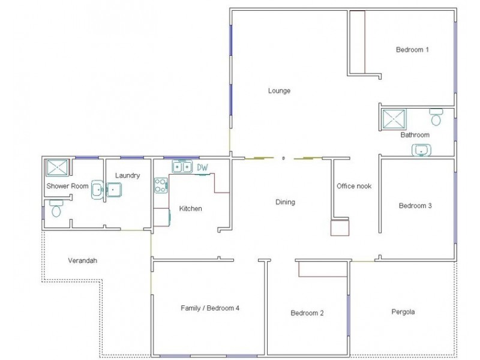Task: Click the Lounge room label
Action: pos(279,91)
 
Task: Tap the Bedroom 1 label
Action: pos(412,50)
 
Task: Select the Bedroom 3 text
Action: pos(415,206)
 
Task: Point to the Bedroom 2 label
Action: pos(307,313)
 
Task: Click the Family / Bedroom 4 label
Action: pos(210,308)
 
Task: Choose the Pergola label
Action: pos(403,312)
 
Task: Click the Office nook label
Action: pos(354,186)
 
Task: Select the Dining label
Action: pos(285,202)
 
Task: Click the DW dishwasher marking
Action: pos(202,167)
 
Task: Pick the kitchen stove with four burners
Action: pos(160,185)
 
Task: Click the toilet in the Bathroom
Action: pos(436,116)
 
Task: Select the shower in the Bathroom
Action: pos(394,119)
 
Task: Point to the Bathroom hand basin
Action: pos(422,149)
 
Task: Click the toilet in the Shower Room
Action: pos(56,209)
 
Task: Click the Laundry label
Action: pos(127,176)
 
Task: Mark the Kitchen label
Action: pos(190,209)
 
